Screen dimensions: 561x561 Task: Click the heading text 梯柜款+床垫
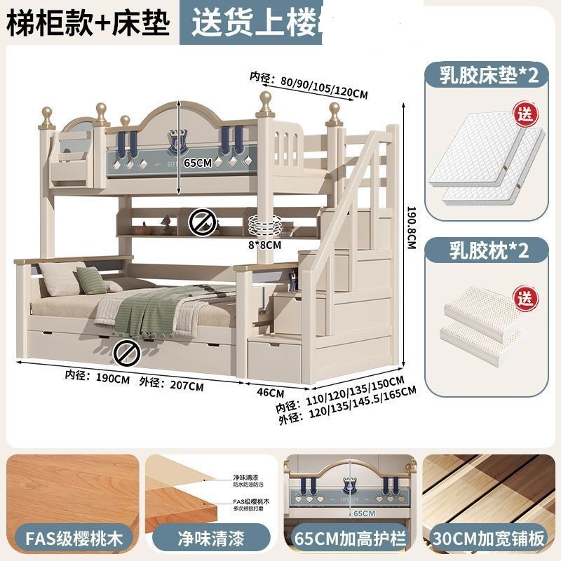(x=88, y=23)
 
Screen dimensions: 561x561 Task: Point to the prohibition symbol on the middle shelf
(x=199, y=223)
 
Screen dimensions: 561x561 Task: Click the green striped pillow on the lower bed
(x=91, y=280)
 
